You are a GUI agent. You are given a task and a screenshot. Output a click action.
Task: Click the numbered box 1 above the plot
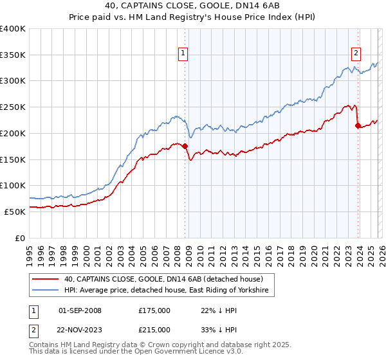(x=184, y=53)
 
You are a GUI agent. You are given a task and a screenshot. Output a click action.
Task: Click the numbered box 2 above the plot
(x=356, y=53)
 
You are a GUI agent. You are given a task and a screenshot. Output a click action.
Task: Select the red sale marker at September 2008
(x=185, y=147)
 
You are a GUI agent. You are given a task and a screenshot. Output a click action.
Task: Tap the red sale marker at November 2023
(x=358, y=126)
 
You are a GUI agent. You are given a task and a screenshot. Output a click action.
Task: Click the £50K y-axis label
(x=15, y=211)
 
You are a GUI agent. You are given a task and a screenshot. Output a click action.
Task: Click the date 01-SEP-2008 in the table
(x=80, y=310)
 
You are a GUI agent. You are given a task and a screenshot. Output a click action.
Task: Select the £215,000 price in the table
(x=154, y=329)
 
